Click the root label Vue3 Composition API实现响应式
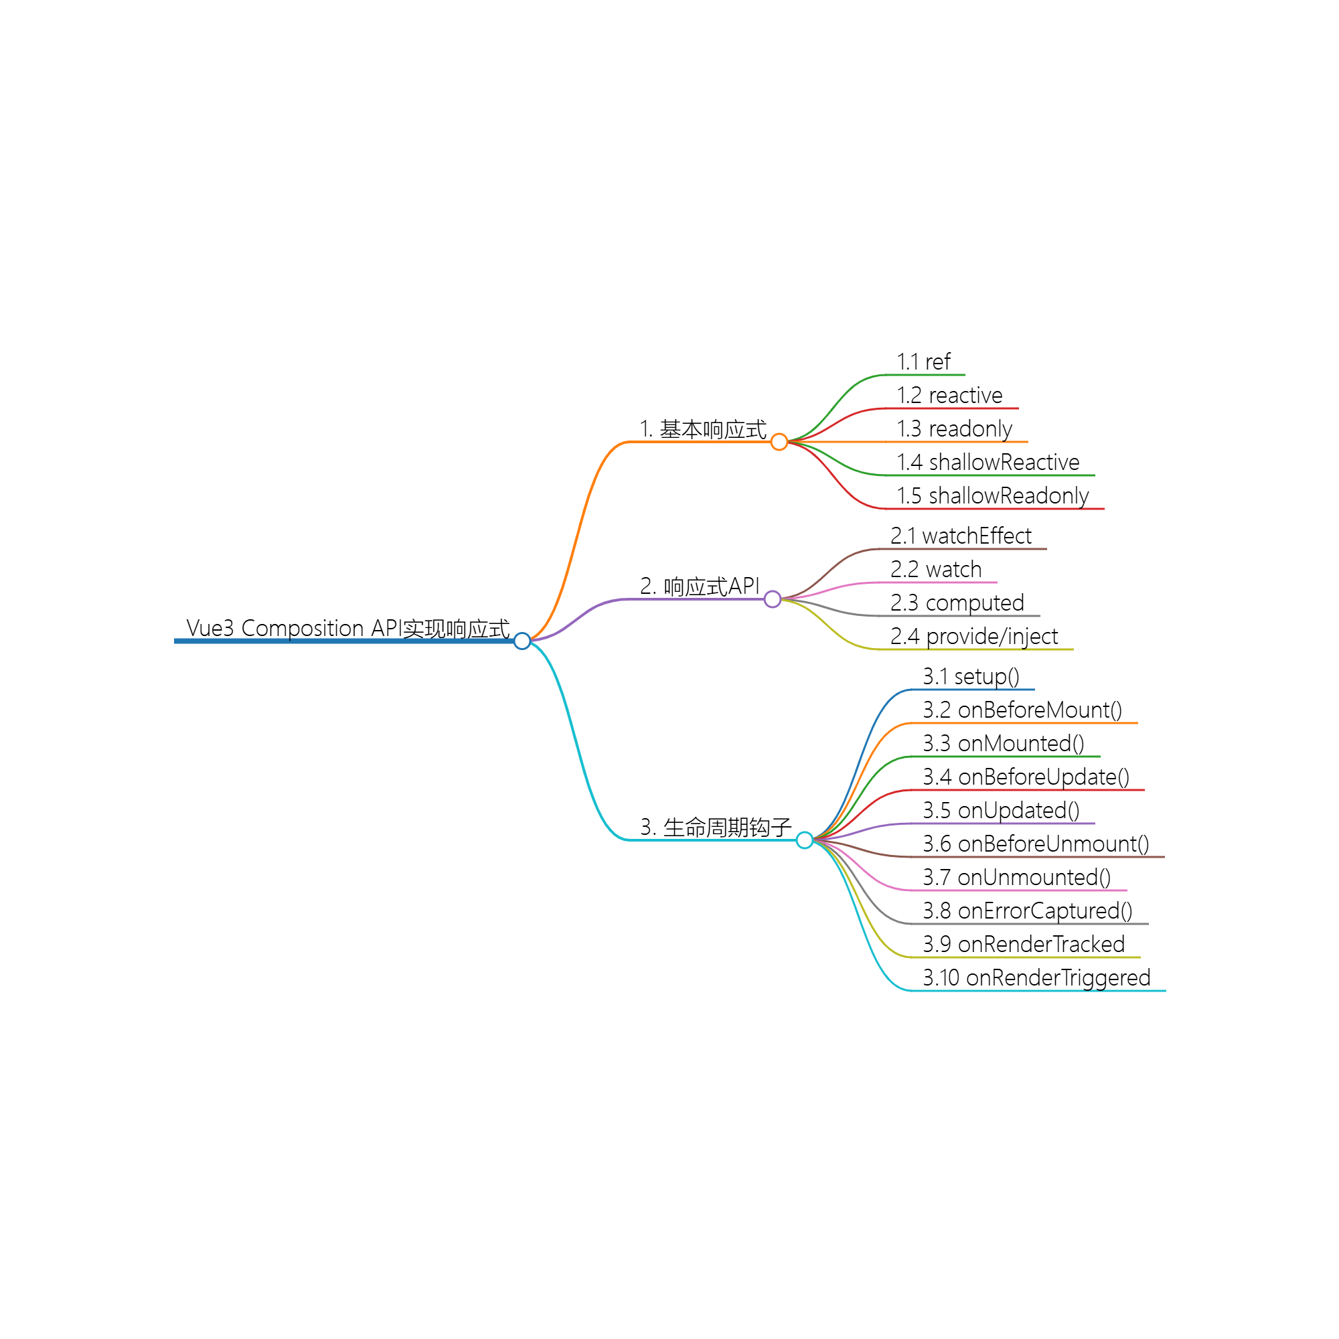(348, 628)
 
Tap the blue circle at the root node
(523, 641)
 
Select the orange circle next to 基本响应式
(779, 441)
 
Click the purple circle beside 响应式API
(772, 599)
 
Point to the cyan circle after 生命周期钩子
(804, 840)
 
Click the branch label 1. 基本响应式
(702, 429)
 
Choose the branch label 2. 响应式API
(700, 586)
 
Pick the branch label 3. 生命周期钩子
(715, 827)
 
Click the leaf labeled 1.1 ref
(923, 362)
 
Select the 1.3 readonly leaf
(954, 429)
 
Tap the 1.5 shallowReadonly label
(992, 495)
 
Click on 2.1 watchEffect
(961, 536)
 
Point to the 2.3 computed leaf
(957, 603)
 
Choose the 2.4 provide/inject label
(973, 636)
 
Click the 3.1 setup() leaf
(970, 676)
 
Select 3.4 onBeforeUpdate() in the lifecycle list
(1026, 777)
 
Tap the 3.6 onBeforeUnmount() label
(1036, 844)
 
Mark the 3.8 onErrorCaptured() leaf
(1027, 911)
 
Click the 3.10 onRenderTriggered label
(1036, 978)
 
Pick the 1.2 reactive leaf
(949, 395)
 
